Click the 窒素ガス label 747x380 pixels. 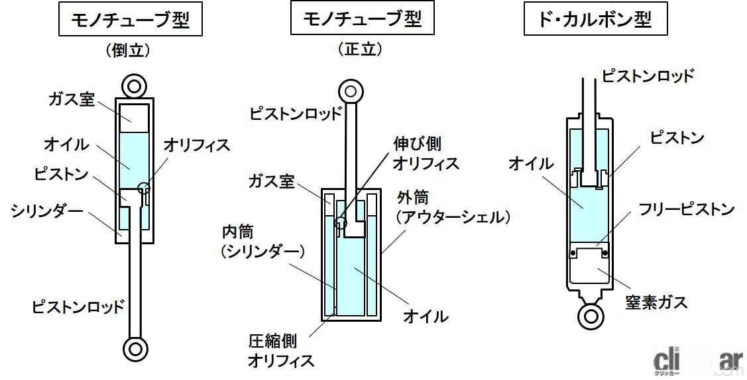tap(656, 302)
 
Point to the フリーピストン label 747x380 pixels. tap(686, 210)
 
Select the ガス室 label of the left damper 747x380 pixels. tap(72, 99)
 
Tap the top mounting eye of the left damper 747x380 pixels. tap(135, 86)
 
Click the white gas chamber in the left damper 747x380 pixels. tap(135, 117)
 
